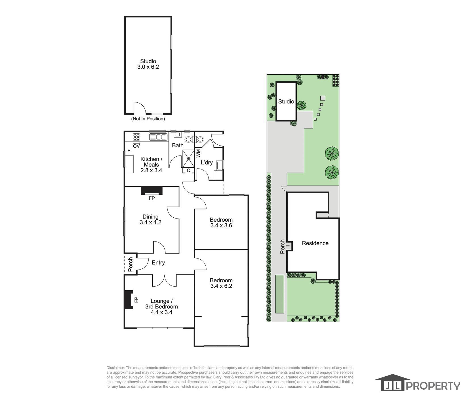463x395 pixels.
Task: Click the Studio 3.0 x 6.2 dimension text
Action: (x=148, y=67)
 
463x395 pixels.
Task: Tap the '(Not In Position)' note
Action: (x=148, y=119)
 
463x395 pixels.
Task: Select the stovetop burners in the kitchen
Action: (x=136, y=137)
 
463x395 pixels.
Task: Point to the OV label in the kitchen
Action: (x=136, y=146)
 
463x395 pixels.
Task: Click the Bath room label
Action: (x=178, y=145)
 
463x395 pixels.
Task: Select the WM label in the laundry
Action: (x=198, y=153)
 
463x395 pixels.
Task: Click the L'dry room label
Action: (x=207, y=163)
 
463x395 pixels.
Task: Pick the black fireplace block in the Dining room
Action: (x=152, y=190)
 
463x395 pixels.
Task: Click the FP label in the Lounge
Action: (x=136, y=300)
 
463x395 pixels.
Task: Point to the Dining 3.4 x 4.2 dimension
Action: (x=150, y=222)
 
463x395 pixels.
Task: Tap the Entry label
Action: (x=158, y=263)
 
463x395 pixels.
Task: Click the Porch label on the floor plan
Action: (x=131, y=264)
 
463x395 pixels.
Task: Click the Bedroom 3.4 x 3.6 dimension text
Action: (x=221, y=226)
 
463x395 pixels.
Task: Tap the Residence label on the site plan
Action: (x=315, y=243)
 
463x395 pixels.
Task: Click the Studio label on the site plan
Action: (x=286, y=102)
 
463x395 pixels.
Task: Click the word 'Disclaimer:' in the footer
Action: (x=115, y=368)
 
